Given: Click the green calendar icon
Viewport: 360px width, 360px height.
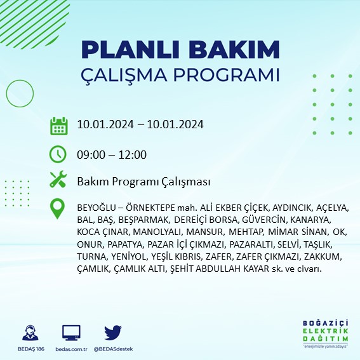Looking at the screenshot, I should click(58, 125).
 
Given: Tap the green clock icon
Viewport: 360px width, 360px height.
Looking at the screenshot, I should click(58, 154).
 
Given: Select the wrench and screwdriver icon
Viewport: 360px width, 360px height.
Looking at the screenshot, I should click(58, 180).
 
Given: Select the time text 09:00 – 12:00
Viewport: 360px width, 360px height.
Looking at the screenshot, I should click(112, 154).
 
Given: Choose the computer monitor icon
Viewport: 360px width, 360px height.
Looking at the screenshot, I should click(71, 332).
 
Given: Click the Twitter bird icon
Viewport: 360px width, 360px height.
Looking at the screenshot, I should click(112, 332).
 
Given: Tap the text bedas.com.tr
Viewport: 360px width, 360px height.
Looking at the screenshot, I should click(71, 349).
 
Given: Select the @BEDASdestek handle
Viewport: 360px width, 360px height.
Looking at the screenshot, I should click(113, 349).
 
